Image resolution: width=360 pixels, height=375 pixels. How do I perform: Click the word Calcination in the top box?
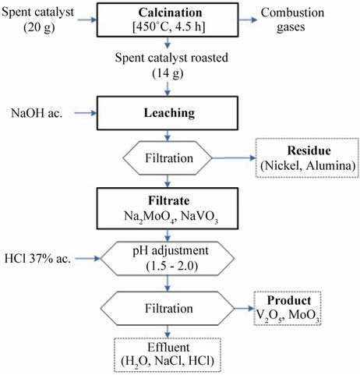(x=170, y=12)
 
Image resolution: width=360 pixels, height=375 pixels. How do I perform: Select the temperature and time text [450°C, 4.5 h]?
(x=169, y=27)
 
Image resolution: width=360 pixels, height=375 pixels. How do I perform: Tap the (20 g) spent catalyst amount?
(x=39, y=27)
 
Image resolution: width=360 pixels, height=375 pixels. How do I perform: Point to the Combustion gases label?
(x=292, y=19)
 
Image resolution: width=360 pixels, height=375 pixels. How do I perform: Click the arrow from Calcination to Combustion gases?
(x=248, y=19)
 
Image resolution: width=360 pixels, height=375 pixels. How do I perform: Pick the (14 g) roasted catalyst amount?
(x=168, y=73)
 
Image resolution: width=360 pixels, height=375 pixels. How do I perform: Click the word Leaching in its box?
(x=169, y=113)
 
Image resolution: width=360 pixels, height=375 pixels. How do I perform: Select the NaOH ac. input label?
(x=37, y=113)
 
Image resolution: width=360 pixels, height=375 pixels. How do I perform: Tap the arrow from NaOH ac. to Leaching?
(x=86, y=113)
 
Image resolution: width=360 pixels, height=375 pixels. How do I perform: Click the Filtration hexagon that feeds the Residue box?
(x=168, y=158)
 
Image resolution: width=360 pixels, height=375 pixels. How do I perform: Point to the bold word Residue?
(x=309, y=150)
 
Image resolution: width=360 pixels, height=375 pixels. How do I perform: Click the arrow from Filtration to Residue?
(x=235, y=157)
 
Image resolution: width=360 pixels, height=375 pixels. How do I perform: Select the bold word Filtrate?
(x=169, y=200)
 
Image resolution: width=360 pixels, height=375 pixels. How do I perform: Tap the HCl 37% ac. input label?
(x=37, y=259)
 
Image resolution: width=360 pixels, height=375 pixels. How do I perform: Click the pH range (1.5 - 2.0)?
(x=172, y=266)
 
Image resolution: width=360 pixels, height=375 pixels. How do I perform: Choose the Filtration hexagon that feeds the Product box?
(x=168, y=309)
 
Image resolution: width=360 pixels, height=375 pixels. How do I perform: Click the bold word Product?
(x=289, y=300)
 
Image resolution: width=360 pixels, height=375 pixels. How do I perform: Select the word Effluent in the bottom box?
(x=168, y=348)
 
